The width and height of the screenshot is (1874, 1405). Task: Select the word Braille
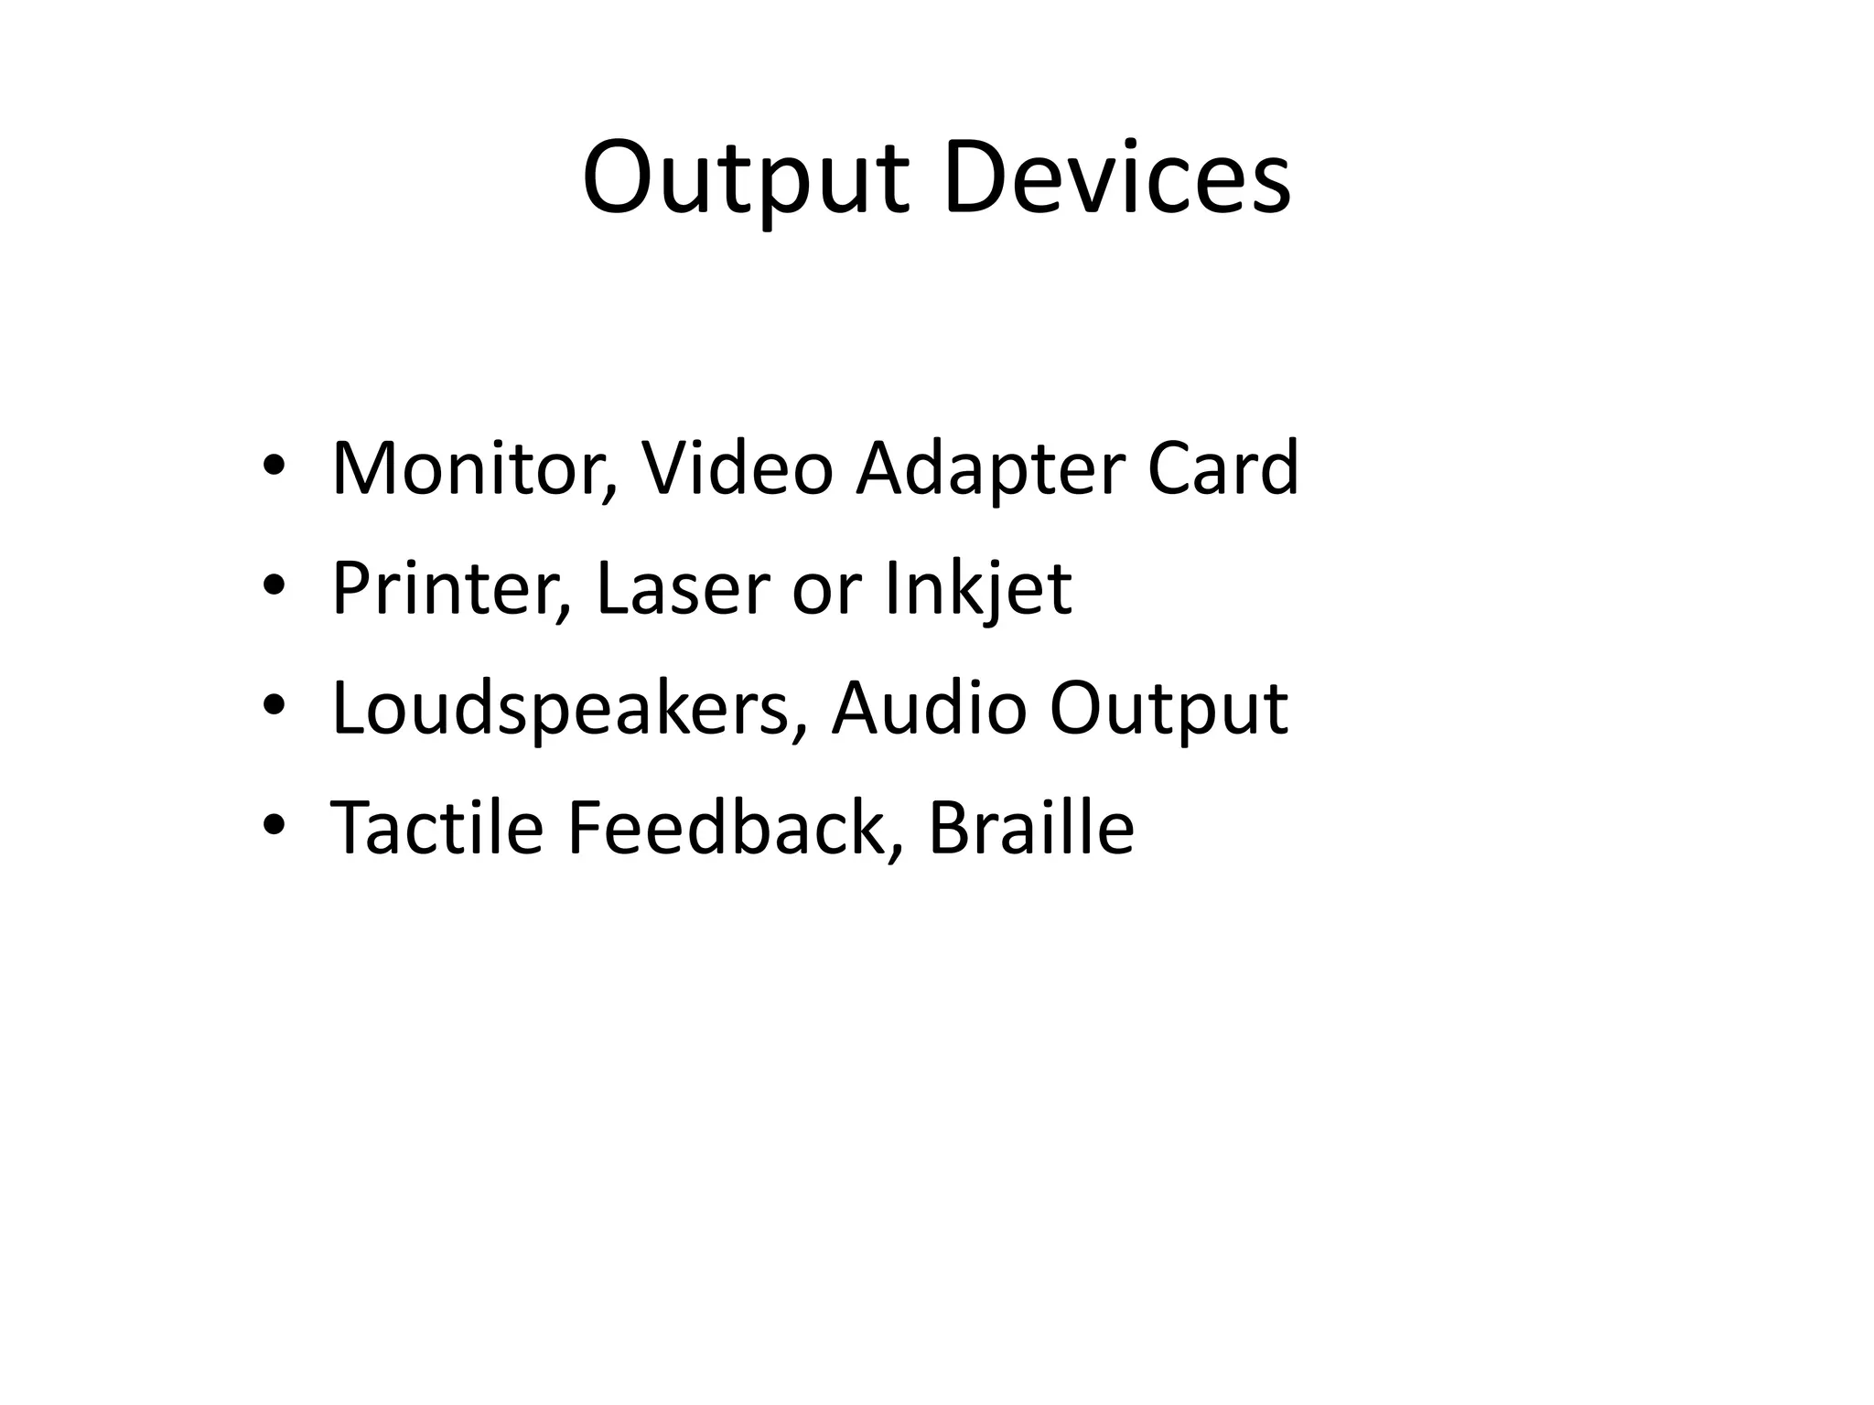(1030, 827)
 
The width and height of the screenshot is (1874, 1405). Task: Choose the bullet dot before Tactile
(274, 824)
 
